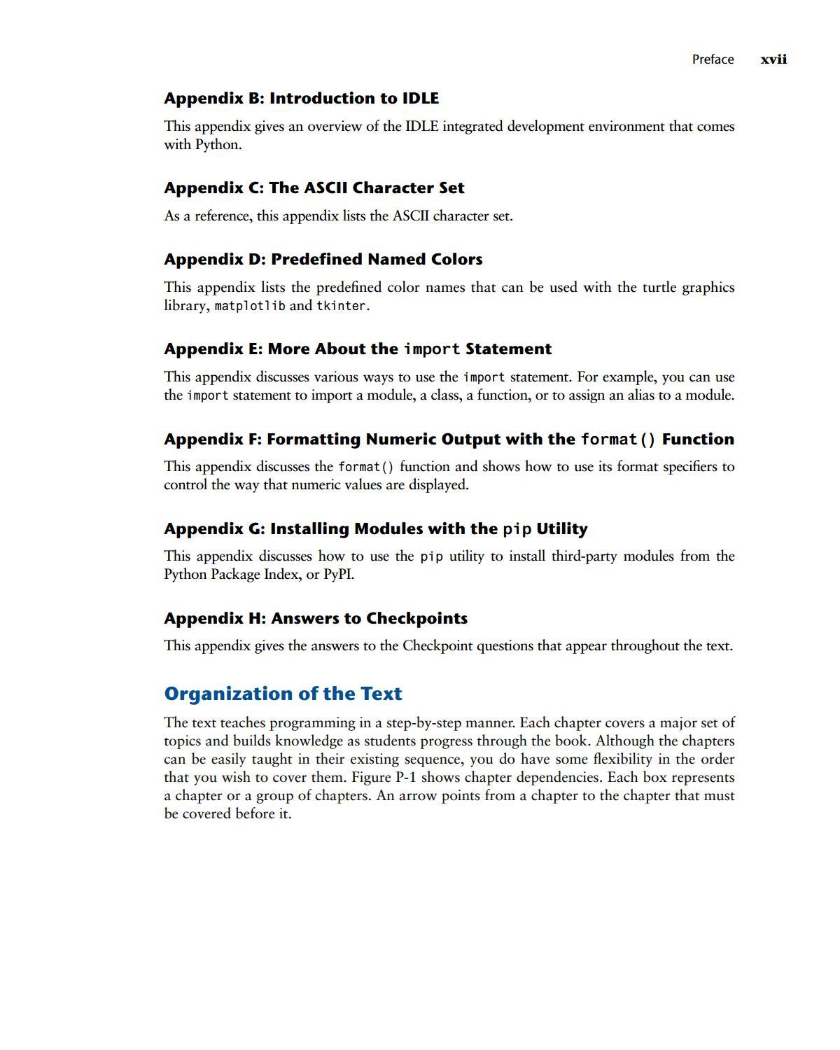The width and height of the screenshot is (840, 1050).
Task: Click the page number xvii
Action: click(x=773, y=59)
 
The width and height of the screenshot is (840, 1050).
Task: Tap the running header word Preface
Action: click(x=713, y=59)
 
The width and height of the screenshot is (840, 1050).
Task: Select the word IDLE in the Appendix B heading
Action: click(x=420, y=98)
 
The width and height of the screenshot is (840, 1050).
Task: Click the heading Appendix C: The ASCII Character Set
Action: click(x=314, y=188)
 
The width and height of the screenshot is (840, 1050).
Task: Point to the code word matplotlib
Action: click(x=250, y=306)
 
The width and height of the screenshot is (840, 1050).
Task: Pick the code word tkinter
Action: click(x=342, y=306)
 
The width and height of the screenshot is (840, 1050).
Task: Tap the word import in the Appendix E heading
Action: click(x=432, y=349)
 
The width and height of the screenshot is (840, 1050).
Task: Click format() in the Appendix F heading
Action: click(x=618, y=440)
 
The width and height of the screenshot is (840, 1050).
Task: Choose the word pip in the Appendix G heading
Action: click(x=517, y=529)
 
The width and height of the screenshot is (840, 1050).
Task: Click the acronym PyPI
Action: click(x=337, y=575)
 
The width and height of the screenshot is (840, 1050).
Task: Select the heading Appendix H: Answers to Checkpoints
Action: click(x=316, y=618)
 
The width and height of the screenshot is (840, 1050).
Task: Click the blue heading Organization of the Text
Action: click(x=283, y=694)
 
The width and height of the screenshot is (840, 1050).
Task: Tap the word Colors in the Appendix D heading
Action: click(x=456, y=259)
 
